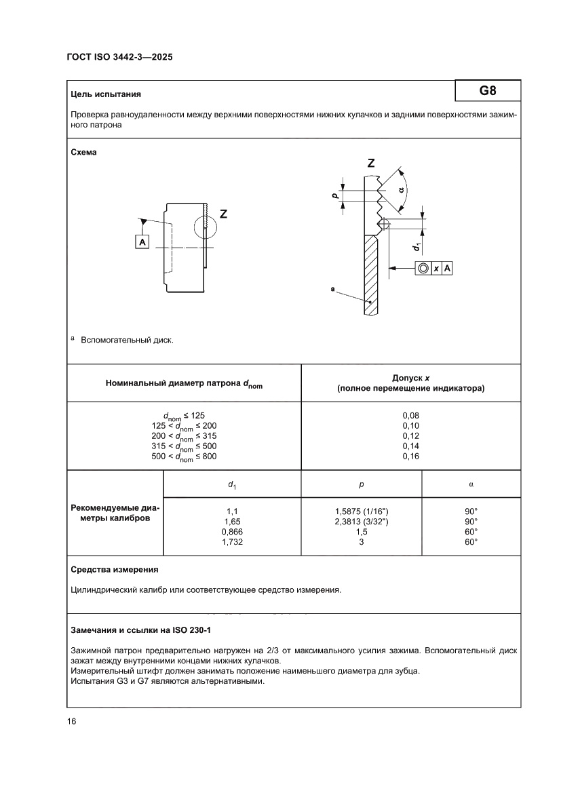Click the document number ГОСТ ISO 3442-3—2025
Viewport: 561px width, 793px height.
coord(119,58)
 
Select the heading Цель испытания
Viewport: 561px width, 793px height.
coord(106,94)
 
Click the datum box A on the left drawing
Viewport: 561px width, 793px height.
coord(142,241)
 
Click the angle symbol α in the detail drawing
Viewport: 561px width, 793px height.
coord(402,191)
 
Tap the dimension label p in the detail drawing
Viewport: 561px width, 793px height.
coord(334,195)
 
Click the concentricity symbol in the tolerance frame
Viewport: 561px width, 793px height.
coord(423,269)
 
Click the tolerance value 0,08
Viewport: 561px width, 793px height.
coord(411,414)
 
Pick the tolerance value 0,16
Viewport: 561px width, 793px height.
coord(411,457)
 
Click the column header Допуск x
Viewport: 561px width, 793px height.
coord(411,377)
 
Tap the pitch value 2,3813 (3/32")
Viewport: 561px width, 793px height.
coord(361,522)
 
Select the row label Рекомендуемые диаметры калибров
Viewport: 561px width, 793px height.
coord(114,513)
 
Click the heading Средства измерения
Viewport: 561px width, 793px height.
coord(115,570)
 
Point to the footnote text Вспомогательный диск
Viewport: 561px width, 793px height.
coord(127,340)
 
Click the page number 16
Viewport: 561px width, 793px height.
coord(71,721)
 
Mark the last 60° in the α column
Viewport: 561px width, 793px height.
coord(471,542)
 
